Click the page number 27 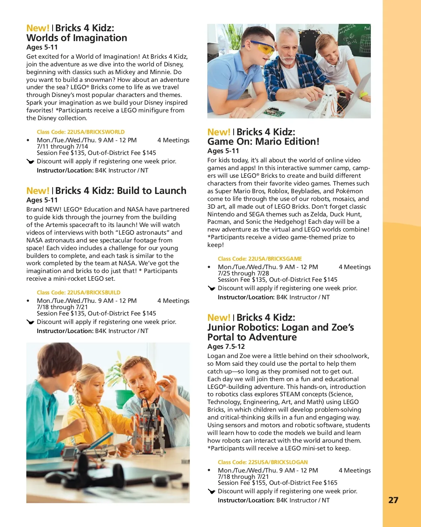[x=393, y=500]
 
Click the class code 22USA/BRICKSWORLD [x=81, y=132]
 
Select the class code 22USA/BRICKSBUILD [x=79, y=293]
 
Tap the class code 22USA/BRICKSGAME [x=260, y=259]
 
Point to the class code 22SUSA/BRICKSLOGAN [x=262, y=462]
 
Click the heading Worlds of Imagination [x=77, y=38]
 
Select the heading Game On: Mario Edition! [x=263, y=142]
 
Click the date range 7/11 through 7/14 [x=62, y=147]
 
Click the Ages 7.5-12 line [x=226, y=347]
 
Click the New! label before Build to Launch [x=38, y=191]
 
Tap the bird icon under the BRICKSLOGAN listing [x=212, y=492]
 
